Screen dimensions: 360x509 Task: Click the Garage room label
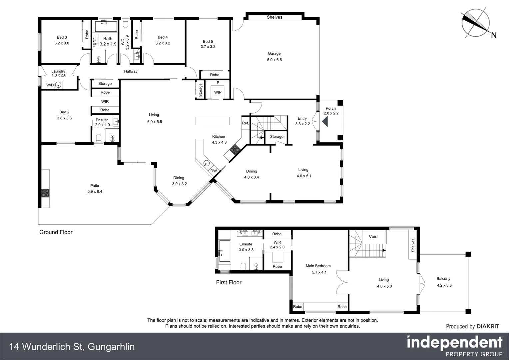pos(274,53)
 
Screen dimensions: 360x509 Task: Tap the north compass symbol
pos(475,23)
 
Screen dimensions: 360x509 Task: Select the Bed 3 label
pos(62,37)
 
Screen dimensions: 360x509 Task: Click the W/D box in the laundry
pos(50,85)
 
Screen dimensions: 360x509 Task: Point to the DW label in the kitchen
pos(214,171)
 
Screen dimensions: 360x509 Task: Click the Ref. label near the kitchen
pos(246,123)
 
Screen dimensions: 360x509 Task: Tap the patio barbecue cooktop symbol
pos(45,193)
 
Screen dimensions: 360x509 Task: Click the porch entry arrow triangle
pos(325,122)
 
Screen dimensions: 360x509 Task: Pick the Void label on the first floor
pos(373,236)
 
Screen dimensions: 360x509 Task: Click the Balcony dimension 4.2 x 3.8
pos(444,285)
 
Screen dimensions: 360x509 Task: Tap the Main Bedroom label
pos(318,266)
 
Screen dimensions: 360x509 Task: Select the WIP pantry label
pos(218,92)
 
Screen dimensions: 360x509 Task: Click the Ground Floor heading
pos(56,232)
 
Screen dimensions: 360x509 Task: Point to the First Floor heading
pos(229,282)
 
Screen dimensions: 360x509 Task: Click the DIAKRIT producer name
pos(488,326)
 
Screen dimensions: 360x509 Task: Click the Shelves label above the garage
pos(274,17)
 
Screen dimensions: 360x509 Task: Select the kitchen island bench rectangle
pos(213,121)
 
